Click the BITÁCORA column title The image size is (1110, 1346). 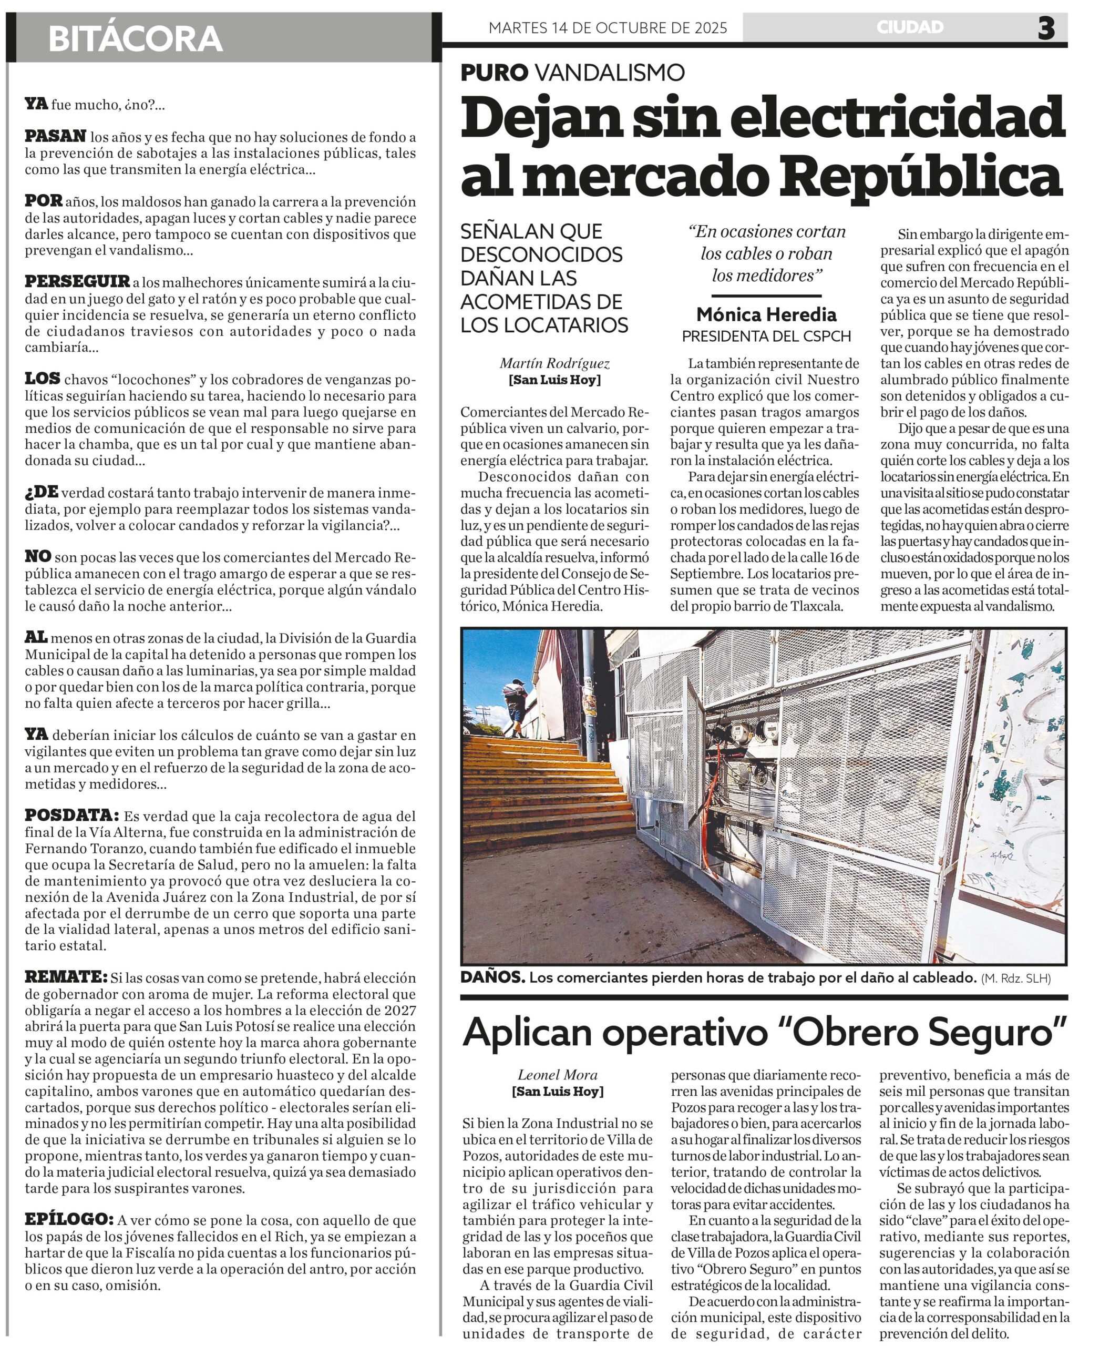pyautogui.click(x=135, y=39)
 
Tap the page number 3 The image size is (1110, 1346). pyautogui.click(x=1046, y=28)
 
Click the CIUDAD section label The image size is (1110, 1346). pyautogui.click(x=910, y=27)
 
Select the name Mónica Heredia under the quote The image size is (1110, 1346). pyautogui.click(x=766, y=315)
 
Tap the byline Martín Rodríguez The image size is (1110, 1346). pyautogui.click(x=554, y=363)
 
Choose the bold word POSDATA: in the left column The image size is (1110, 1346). pyautogui.click(x=71, y=815)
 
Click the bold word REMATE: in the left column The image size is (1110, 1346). pyautogui.click(x=66, y=977)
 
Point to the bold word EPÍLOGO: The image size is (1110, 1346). pyautogui.click(x=69, y=1219)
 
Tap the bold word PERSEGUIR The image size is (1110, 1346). pyautogui.click(x=77, y=281)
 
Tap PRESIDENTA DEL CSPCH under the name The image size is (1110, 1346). pyautogui.click(x=766, y=336)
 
